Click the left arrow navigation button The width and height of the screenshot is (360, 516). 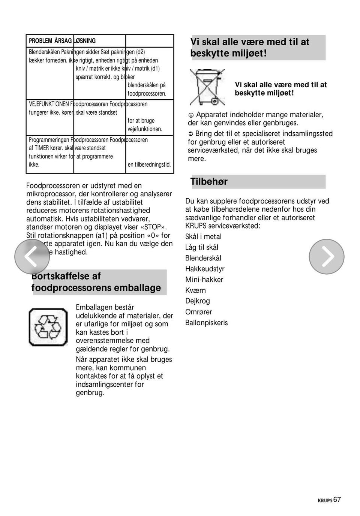tap(32, 257)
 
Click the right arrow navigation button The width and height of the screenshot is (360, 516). tap(327, 257)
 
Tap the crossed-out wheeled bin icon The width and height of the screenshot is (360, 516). tap(207, 87)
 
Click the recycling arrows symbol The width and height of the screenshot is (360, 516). tap(48, 327)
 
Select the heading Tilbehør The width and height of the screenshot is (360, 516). tap(209, 182)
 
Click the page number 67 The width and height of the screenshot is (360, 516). tap(337, 500)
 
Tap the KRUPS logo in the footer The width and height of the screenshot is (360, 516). tap(325, 500)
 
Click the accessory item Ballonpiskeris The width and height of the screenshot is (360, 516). tap(206, 323)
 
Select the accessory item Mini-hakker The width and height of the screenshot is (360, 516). tap(204, 280)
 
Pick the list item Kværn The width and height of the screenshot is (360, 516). tap(195, 290)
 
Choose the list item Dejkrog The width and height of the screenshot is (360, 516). tap(198, 301)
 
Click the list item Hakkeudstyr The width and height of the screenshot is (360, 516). tap(205, 269)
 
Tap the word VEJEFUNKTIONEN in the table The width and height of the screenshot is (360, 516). tap(49, 104)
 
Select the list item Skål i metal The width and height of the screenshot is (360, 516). tap(203, 236)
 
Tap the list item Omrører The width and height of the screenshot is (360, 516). tap(198, 312)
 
